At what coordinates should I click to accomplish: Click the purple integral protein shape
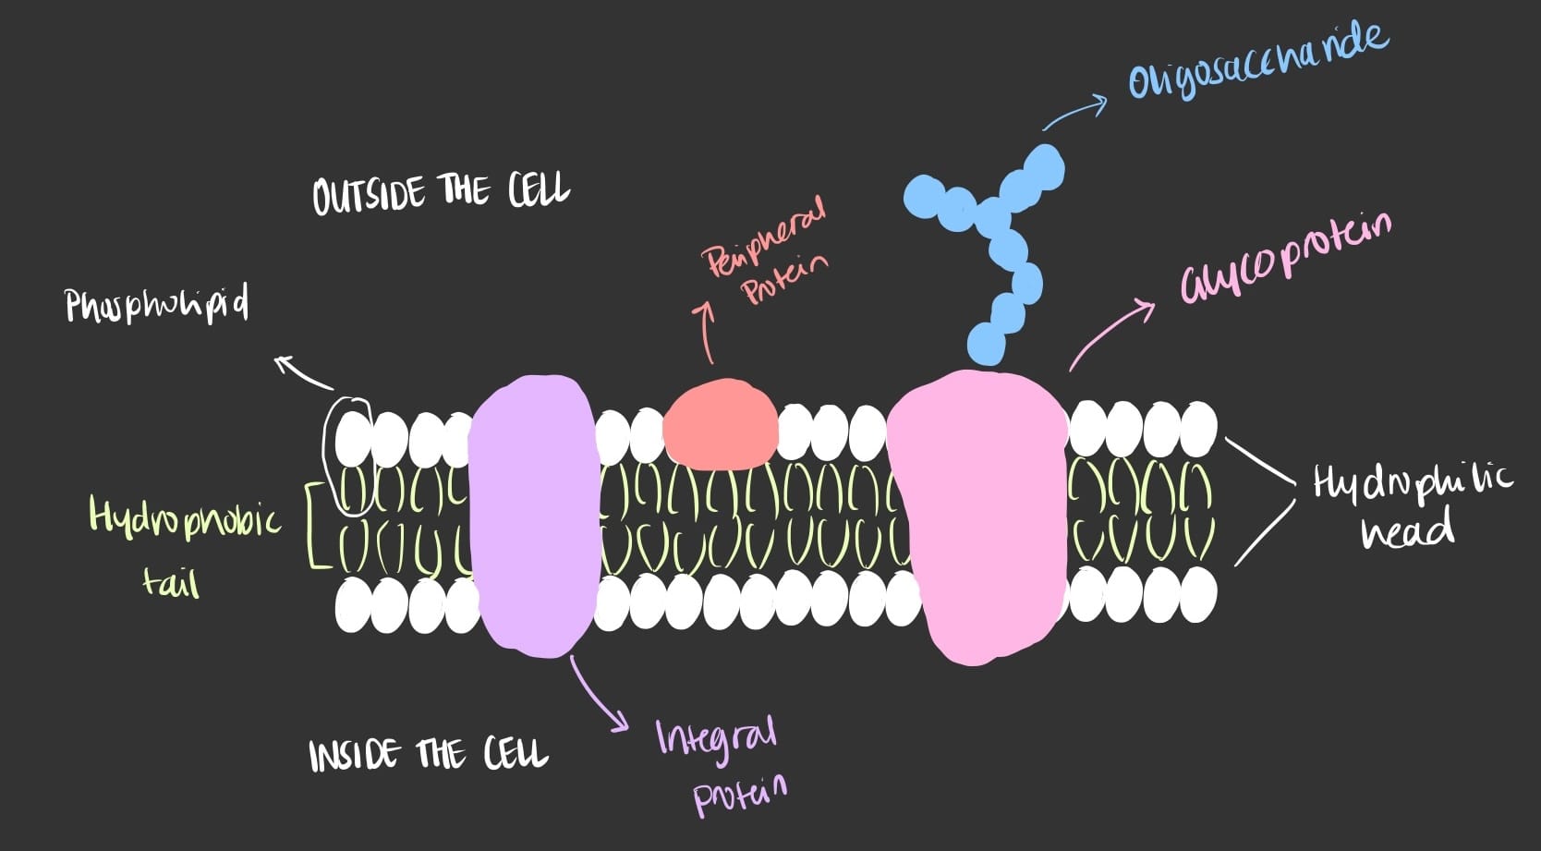(533, 516)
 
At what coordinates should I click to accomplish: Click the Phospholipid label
(156, 304)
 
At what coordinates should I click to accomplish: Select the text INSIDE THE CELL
(428, 754)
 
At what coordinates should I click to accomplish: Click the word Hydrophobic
(184, 517)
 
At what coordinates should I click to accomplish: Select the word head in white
(1406, 531)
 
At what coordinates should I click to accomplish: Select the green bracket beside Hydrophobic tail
(315, 523)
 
